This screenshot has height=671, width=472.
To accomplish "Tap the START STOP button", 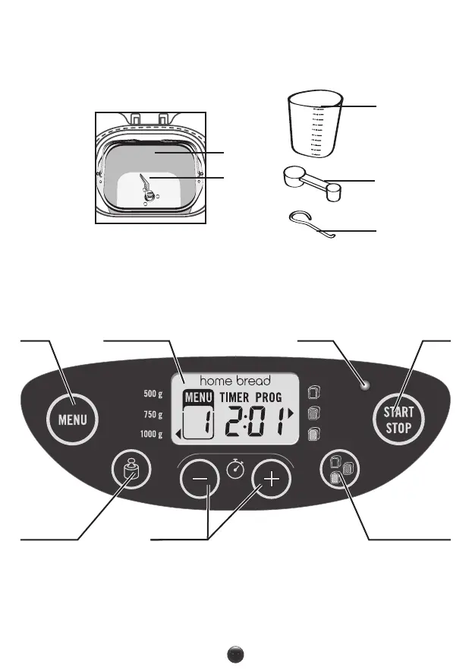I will [398, 419].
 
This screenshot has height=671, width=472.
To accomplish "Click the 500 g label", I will [153, 394].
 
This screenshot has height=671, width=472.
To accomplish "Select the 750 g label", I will [153, 415].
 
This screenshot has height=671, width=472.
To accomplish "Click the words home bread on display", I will [235, 380].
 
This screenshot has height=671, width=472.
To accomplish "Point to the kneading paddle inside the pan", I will [146, 185].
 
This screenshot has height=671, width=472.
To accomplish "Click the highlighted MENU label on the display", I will [198, 397].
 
